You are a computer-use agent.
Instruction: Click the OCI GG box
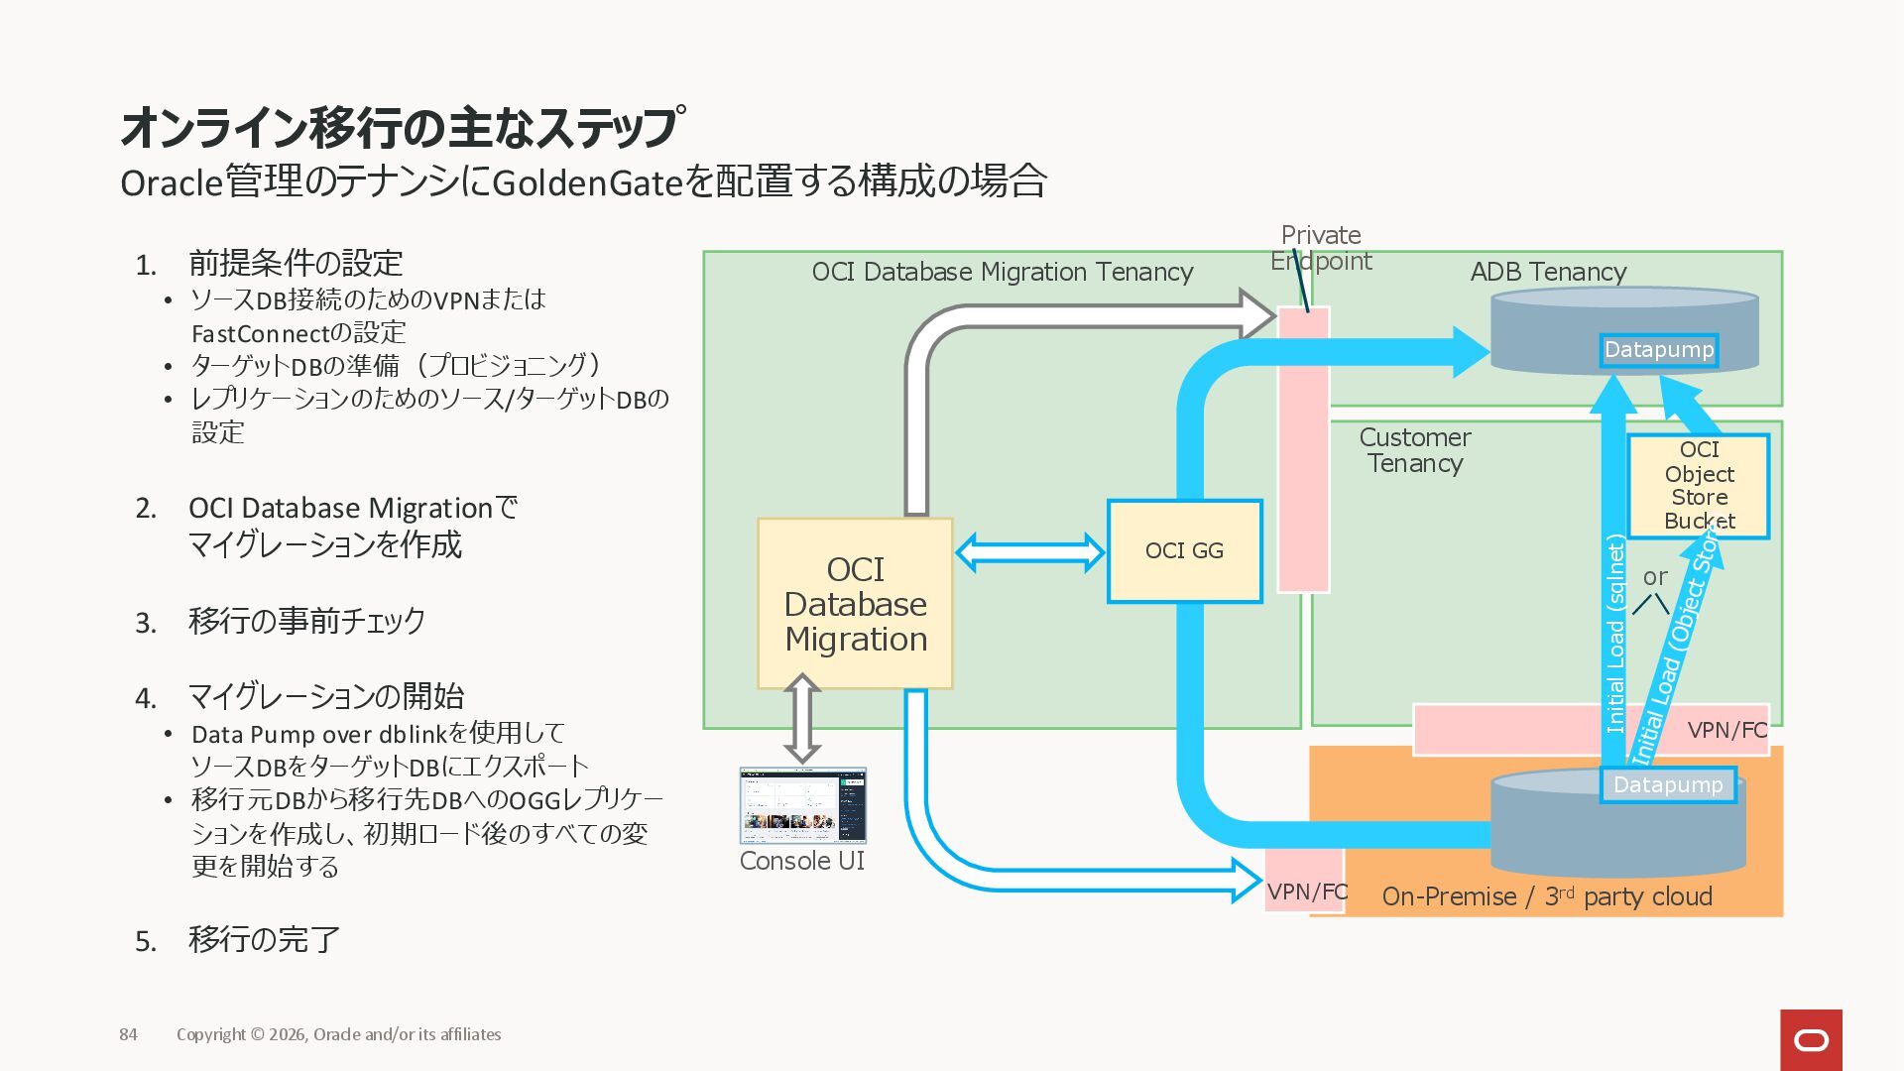coord(1184,551)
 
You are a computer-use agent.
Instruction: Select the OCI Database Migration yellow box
coord(855,604)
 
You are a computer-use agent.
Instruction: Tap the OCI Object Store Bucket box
coord(1699,486)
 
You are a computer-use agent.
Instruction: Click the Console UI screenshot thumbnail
coord(802,805)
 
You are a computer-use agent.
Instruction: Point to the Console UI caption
coord(802,861)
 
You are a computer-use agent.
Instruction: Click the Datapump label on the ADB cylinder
coord(1658,350)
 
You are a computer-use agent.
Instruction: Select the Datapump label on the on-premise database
coord(1667,785)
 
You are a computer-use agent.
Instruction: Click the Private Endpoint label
coord(1321,248)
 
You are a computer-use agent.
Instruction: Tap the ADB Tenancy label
coord(1548,272)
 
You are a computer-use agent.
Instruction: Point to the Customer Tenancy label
coord(1415,450)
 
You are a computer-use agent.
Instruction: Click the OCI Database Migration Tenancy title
coord(1002,272)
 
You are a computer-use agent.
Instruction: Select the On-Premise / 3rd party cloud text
coord(1546,896)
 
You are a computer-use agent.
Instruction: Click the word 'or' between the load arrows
coord(1655,576)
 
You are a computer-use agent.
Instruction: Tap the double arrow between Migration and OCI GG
coord(1029,552)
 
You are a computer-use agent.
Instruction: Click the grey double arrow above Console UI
coord(802,718)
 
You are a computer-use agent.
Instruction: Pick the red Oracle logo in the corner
coord(1811,1040)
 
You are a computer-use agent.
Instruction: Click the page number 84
coord(129,1034)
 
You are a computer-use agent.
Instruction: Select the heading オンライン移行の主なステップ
coord(402,127)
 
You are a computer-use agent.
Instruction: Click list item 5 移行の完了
coord(264,939)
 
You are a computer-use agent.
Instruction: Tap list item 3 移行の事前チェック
coord(306,621)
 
